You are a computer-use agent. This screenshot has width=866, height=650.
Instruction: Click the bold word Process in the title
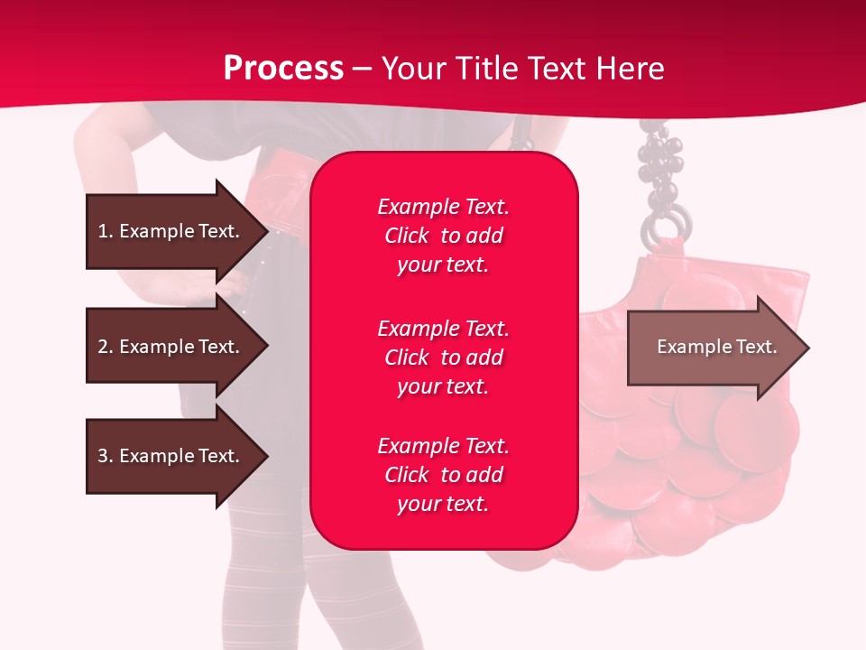(283, 69)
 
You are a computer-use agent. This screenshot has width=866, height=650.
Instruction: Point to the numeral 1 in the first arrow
(102, 231)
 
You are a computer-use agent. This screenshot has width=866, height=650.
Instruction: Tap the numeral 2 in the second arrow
(102, 347)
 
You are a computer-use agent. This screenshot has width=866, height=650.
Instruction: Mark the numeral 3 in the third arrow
(102, 456)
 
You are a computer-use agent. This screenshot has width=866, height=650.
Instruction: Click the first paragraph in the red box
(443, 236)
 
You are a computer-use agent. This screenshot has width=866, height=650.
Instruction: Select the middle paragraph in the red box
(443, 357)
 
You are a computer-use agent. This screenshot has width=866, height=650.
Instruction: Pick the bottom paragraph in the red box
(443, 475)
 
